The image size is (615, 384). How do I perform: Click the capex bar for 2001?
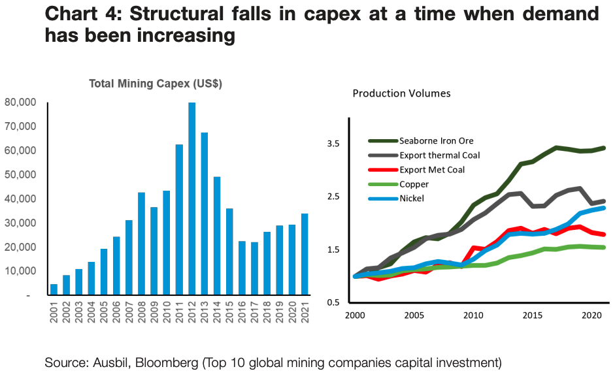(54, 289)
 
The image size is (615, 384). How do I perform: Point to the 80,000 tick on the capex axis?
(22, 103)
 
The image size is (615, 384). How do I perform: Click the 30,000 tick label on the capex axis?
(22, 223)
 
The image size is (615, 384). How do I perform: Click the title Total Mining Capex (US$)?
(156, 84)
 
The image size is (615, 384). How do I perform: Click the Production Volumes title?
(401, 93)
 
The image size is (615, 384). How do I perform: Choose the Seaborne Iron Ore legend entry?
(437, 140)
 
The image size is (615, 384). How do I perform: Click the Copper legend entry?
(414, 184)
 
